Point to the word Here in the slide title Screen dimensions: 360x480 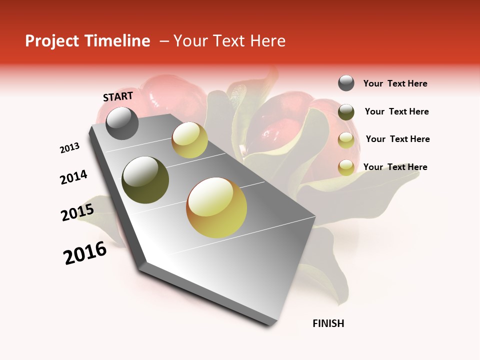(x=267, y=41)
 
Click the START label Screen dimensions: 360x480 (x=118, y=96)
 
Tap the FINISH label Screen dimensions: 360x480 (x=328, y=323)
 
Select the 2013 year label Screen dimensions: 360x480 (x=69, y=148)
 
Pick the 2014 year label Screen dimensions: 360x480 (x=73, y=177)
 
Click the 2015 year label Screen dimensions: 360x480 (x=77, y=212)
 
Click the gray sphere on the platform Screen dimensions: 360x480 (x=122, y=123)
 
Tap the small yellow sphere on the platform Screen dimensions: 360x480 (x=189, y=140)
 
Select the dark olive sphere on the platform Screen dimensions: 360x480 (x=145, y=180)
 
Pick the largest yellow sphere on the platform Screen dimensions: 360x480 (x=216, y=207)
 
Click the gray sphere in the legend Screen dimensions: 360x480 (x=346, y=83)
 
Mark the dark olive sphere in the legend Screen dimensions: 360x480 (x=346, y=112)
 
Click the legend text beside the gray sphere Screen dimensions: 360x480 (x=395, y=83)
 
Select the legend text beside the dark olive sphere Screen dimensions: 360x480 (x=396, y=111)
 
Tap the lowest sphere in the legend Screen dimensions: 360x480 (x=346, y=167)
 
